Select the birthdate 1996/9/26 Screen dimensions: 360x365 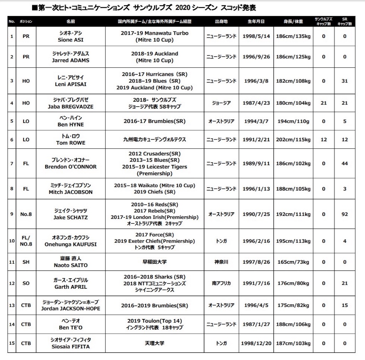pos(256,57)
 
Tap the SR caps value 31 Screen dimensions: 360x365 pos(344,81)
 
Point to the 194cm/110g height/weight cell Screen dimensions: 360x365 pos(293,121)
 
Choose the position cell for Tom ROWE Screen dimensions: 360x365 pos(26,140)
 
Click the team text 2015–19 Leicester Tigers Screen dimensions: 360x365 pos(154,167)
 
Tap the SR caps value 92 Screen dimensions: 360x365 pos(344,214)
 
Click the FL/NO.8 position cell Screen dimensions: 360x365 pos(26,241)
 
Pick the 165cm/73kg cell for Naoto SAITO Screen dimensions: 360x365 pos(293,262)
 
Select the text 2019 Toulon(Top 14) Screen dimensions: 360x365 pos(154,321)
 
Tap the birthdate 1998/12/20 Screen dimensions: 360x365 pos(256,343)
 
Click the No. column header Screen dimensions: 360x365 pos(12,21)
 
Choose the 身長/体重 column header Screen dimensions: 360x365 pos(293,21)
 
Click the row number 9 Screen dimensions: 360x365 pos(12,214)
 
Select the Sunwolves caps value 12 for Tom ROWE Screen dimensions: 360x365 pos(323,140)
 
